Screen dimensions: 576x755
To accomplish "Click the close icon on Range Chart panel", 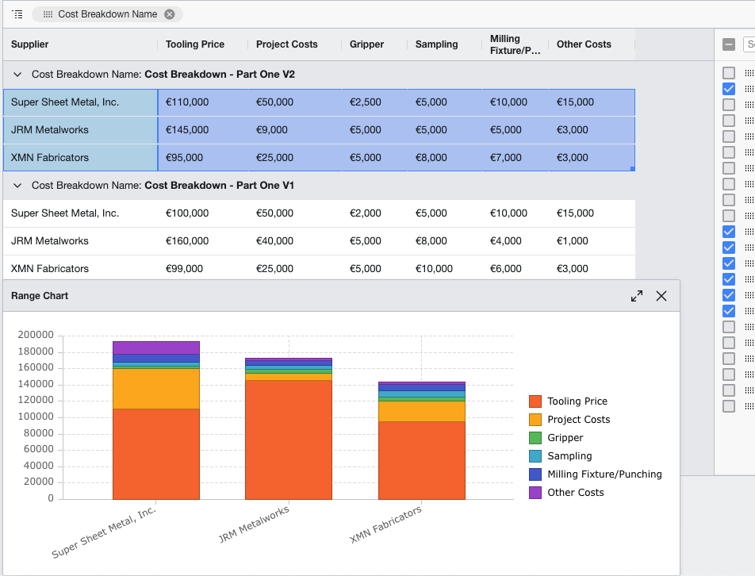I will [x=661, y=296].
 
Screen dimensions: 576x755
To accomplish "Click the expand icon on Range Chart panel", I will [x=637, y=296].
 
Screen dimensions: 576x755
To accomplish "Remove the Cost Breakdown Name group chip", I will [x=170, y=14].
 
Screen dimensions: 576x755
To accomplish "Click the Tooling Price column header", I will [x=195, y=44].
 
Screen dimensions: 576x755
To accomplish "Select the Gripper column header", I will [x=366, y=44].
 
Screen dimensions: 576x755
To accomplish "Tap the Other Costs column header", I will [x=584, y=44].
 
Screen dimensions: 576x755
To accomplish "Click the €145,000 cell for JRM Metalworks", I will [x=187, y=130].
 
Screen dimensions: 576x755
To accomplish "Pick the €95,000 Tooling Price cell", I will [x=184, y=158].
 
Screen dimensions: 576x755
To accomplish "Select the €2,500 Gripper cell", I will [x=366, y=102].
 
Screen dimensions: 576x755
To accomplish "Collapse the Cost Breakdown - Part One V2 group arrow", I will [x=17, y=75].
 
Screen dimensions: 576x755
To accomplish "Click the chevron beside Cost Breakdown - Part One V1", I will [x=17, y=186].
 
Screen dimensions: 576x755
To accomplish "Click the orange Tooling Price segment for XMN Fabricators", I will [x=421, y=460].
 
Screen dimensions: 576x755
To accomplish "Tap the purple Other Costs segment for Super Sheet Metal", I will [x=155, y=348].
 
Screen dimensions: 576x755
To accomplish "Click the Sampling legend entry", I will [x=569, y=456].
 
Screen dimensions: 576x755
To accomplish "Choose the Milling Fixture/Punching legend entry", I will [x=604, y=474].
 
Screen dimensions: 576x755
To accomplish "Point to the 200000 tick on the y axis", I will [x=36, y=336].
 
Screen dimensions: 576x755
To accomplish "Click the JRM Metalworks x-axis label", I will [x=255, y=525].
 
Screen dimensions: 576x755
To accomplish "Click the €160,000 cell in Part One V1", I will [x=187, y=241].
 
